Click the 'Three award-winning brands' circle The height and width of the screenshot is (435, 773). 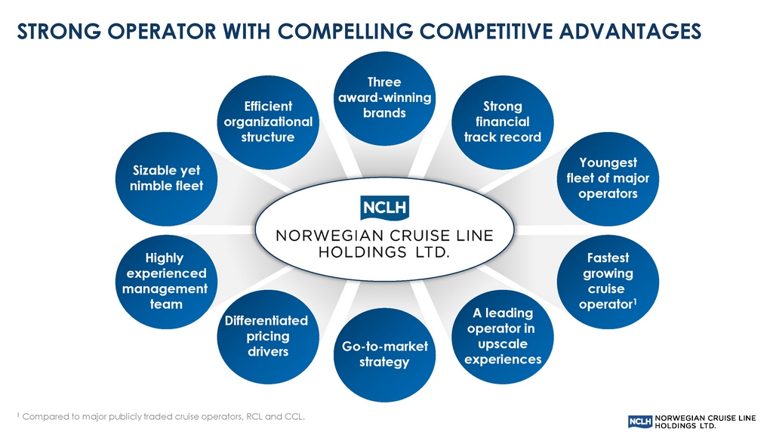click(x=384, y=98)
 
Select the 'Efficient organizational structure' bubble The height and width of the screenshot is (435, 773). click(x=267, y=122)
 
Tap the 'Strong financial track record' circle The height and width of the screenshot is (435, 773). click(x=502, y=122)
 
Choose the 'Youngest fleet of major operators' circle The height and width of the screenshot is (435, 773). click(x=608, y=178)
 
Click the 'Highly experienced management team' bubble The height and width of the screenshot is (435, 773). click(x=165, y=282)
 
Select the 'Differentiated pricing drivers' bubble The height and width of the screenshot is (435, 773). click(x=267, y=336)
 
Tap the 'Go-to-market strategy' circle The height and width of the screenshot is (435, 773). click(x=385, y=354)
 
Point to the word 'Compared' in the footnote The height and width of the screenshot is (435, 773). click(x=48, y=416)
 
